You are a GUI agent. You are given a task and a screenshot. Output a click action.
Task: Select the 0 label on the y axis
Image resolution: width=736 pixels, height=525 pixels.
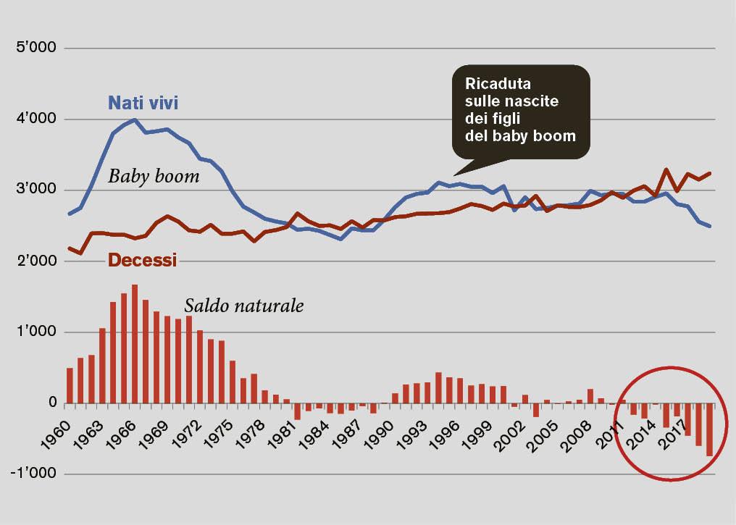pos(51,403)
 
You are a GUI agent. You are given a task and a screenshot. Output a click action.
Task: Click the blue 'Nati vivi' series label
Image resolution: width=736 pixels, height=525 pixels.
pos(143,103)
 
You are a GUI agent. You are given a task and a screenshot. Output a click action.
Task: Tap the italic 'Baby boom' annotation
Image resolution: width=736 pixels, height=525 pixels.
pos(154,176)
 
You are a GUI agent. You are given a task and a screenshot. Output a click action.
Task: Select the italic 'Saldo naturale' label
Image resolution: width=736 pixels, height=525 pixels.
pos(243,306)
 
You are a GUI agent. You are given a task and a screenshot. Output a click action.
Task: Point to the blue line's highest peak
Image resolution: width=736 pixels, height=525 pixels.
pos(135,119)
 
